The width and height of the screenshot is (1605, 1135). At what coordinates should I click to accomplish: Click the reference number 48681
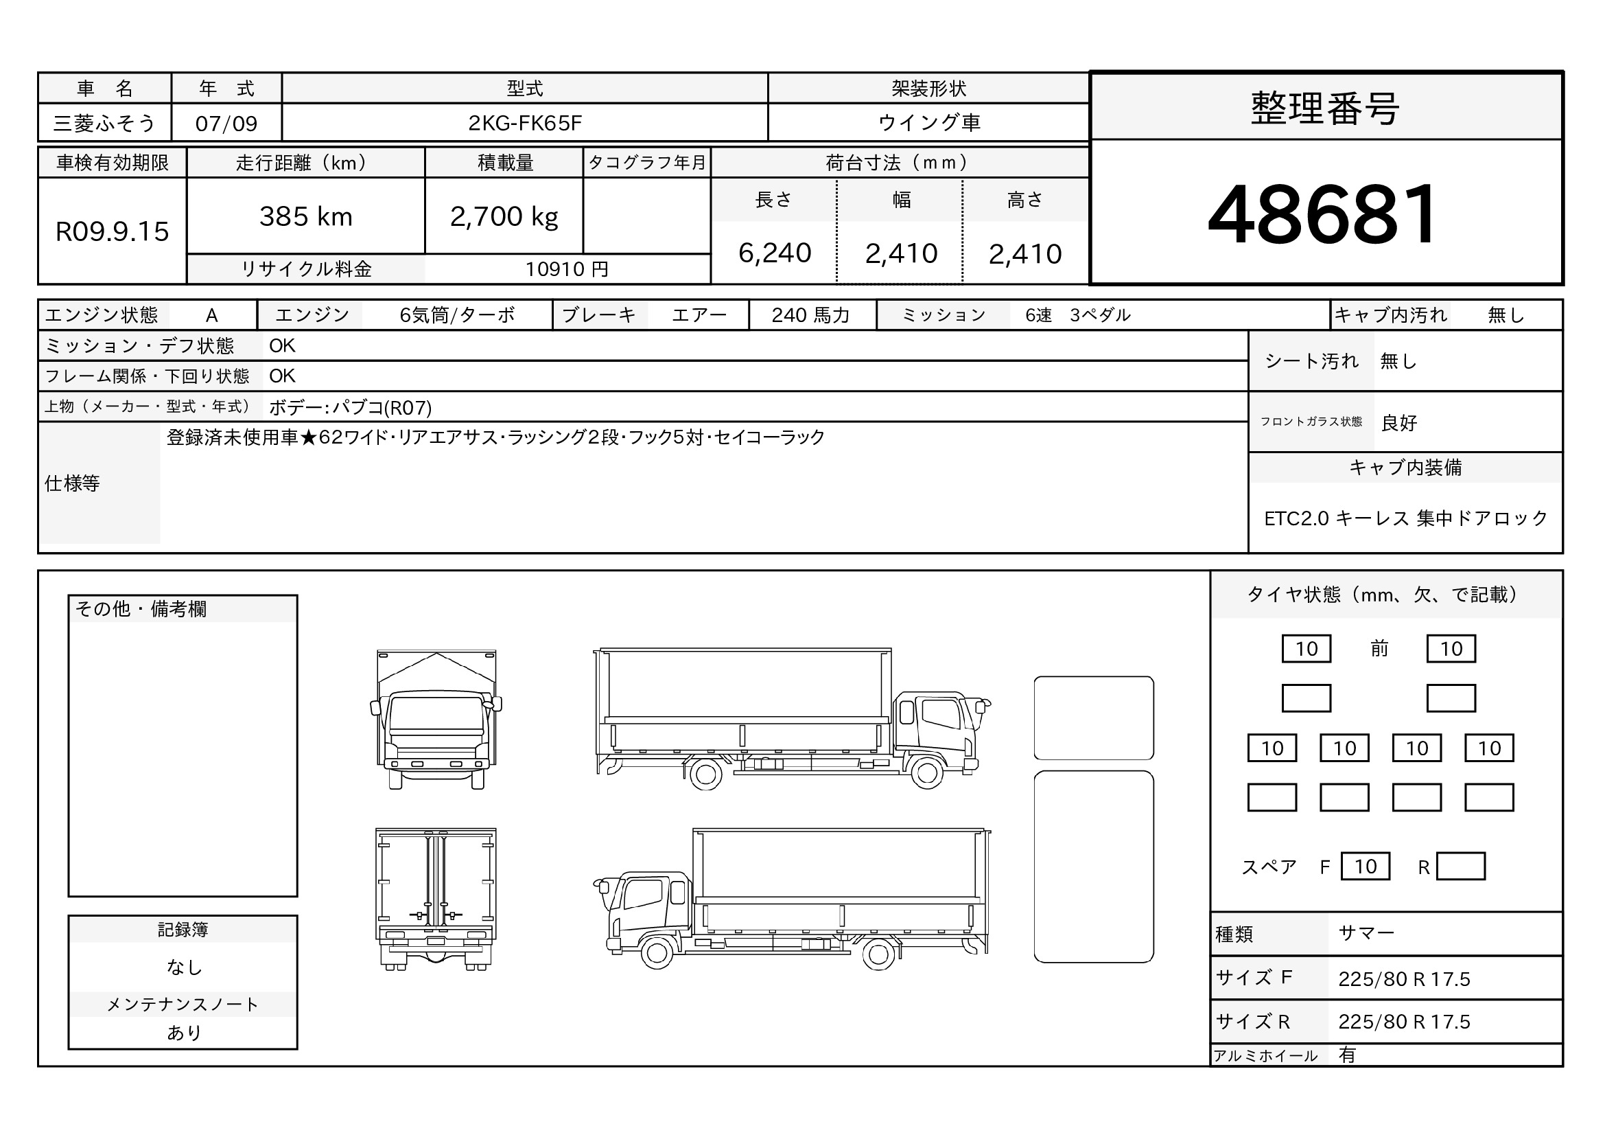pyautogui.click(x=1322, y=214)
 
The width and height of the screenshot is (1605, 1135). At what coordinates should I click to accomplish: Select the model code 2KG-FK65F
pyautogui.click(x=524, y=123)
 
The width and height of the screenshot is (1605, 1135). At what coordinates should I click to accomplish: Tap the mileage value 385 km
pyautogui.click(x=305, y=217)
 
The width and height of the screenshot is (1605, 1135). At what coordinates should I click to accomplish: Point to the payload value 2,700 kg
pyautogui.click(x=504, y=218)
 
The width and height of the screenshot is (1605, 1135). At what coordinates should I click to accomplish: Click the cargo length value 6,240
pyautogui.click(x=775, y=253)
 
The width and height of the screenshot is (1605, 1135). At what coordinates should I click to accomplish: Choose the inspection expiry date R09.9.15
pyautogui.click(x=112, y=231)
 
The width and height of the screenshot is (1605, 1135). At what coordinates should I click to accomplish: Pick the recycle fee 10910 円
pyautogui.click(x=567, y=269)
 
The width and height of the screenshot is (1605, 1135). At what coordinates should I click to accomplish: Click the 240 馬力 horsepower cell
pyautogui.click(x=810, y=315)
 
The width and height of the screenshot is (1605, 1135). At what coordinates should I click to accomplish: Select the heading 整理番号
pyautogui.click(x=1324, y=109)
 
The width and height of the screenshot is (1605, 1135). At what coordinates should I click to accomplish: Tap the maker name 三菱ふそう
pyautogui.click(x=104, y=123)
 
